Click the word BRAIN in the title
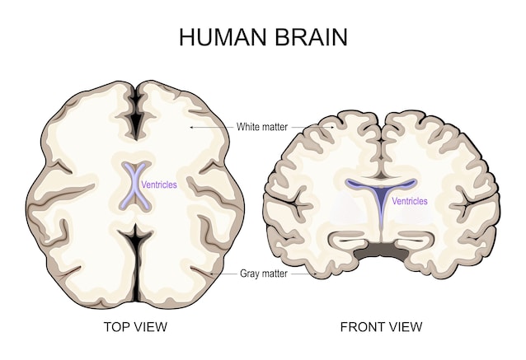(312, 37)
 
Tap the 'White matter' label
(262, 127)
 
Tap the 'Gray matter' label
(264, 274)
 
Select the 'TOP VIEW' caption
(135, 326)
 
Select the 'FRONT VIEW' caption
(382, 326)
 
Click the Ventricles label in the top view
(159, 185)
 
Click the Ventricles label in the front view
(410, 201)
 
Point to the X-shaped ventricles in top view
(135, 185)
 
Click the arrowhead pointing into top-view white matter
(191, 127)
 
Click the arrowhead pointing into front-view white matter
(333, 127)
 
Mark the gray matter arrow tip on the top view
(211, 274)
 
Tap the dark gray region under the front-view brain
(382, 251)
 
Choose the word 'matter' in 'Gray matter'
(275, 274)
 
